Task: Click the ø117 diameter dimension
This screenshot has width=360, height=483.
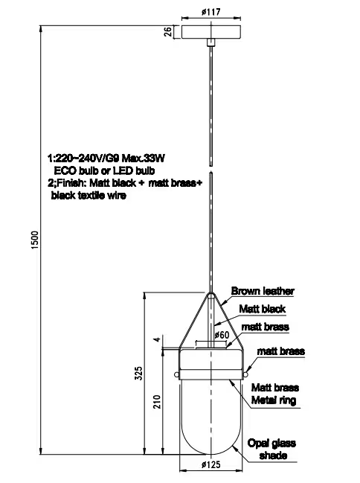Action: tap(211, 12)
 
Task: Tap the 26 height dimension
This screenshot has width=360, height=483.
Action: tap(168, 31)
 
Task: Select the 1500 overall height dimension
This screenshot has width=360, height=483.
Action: tap(35, 240)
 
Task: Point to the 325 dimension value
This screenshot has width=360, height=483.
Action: tap(139, 373)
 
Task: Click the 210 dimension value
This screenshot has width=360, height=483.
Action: tap(157, 402)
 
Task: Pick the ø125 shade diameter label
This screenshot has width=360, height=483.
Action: tap(211, 464)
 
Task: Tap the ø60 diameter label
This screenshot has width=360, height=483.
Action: tap(222, 335)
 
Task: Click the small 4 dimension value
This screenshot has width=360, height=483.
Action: tap(157, 339)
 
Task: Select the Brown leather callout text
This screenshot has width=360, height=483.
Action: tap(263, 291)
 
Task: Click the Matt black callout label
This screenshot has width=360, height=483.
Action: tap(263, 309)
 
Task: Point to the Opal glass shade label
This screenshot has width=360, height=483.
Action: tap(271, 449)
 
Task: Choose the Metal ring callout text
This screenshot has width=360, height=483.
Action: tap(274, 400)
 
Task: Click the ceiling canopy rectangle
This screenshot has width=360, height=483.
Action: tap(211, 32)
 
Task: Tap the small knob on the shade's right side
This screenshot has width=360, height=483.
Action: tap(245, 374)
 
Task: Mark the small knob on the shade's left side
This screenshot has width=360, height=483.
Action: tap(176, 374)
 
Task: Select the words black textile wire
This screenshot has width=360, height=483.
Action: tap(89, 195)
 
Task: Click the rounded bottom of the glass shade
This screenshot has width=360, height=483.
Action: tap(211, 454)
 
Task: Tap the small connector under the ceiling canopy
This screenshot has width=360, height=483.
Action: tap(211, 42)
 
